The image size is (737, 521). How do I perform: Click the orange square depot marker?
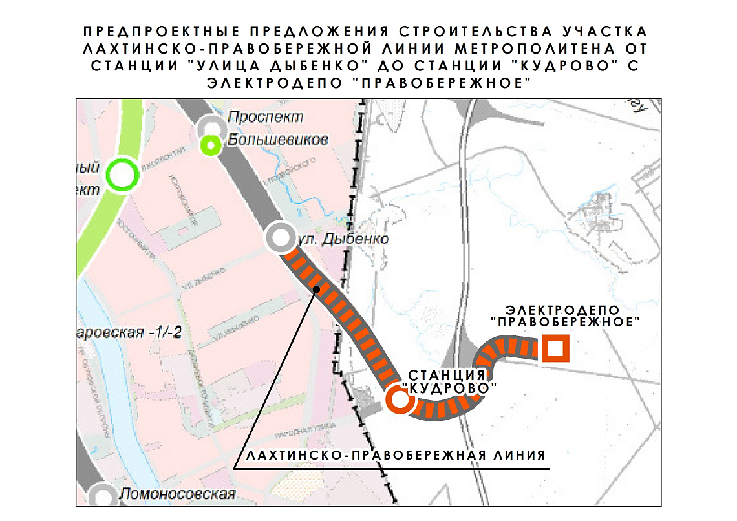click(555, 350)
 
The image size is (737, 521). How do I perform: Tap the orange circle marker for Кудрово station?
click(400, 399)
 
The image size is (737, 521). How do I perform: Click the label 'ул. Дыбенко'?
click(342, 240)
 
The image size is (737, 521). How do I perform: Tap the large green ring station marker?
click(123, 175)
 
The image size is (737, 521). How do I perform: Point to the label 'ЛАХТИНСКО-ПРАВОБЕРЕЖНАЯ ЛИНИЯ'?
click(395, 455)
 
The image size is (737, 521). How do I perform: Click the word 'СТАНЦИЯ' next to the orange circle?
click(447, 375)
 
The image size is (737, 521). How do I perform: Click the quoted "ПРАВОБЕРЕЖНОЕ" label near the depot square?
click(566, 321)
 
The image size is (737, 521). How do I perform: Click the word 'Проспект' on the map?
click(266, 118)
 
